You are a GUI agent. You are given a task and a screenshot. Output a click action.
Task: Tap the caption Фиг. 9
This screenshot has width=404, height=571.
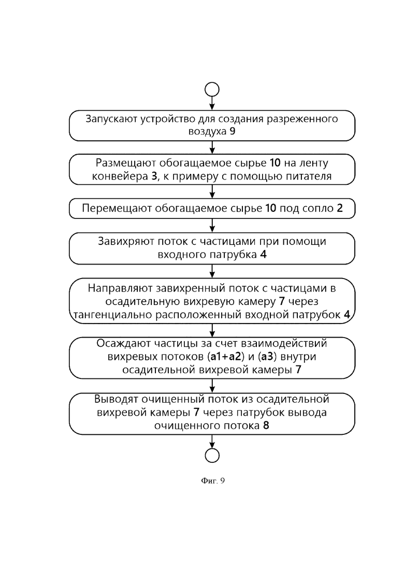click(x=213, y=481)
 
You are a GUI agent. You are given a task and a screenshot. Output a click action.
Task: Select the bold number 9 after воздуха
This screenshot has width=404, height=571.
click(x=233, y=131)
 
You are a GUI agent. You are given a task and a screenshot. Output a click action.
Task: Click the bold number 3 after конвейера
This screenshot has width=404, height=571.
click(x=154, y=176)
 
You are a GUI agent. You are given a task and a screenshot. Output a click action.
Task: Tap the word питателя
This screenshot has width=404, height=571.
click(x=308, y=176)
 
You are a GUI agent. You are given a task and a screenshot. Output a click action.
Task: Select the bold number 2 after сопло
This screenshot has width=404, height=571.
click(x=340, y=208)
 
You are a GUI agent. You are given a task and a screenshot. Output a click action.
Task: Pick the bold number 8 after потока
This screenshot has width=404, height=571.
click(x=266, y=426)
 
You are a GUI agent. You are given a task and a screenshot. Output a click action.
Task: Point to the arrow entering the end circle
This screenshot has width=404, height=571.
click(x=212, y=442)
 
